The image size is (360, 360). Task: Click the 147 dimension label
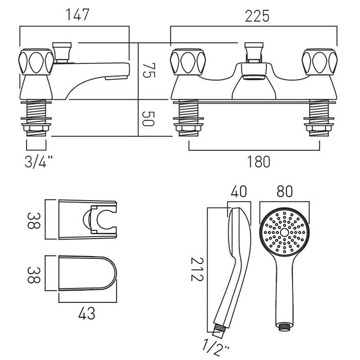tap(77, 15)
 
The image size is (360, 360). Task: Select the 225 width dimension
tap(257, 16)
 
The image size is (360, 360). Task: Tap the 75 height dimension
tap(149, 70)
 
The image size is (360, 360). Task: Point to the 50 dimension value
tap(148, 119)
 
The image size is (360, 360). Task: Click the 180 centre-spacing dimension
tap(259, 161)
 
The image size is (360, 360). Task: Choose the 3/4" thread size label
tap(39, 162)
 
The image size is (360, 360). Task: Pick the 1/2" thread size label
tap(216, 348)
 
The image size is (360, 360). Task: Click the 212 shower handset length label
tap(197, 269)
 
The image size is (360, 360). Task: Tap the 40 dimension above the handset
tap(239, 191)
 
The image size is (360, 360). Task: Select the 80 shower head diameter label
tap(285, 191)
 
